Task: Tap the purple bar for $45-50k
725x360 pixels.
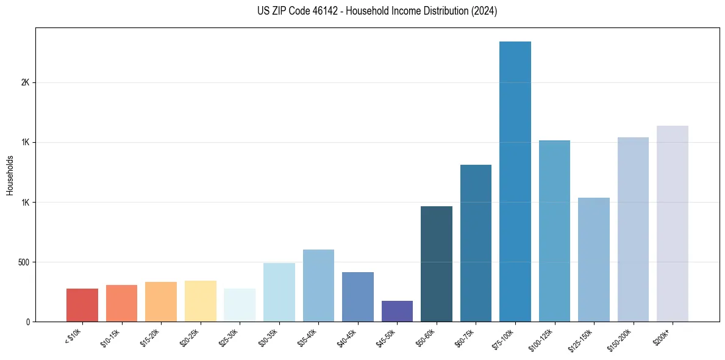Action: coord(397,311)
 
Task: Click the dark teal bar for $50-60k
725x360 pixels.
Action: coord(437,264)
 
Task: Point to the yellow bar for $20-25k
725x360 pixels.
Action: coord(201,301)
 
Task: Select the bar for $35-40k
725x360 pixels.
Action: coord(318,285)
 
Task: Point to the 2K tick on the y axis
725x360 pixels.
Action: coord(25,82)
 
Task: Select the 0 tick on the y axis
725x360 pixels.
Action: coord(27,322)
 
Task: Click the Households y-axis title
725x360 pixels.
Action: coord(10,175)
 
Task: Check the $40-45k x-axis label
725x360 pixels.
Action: coord(348,337)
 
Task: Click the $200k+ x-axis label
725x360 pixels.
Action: coord(664,336)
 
